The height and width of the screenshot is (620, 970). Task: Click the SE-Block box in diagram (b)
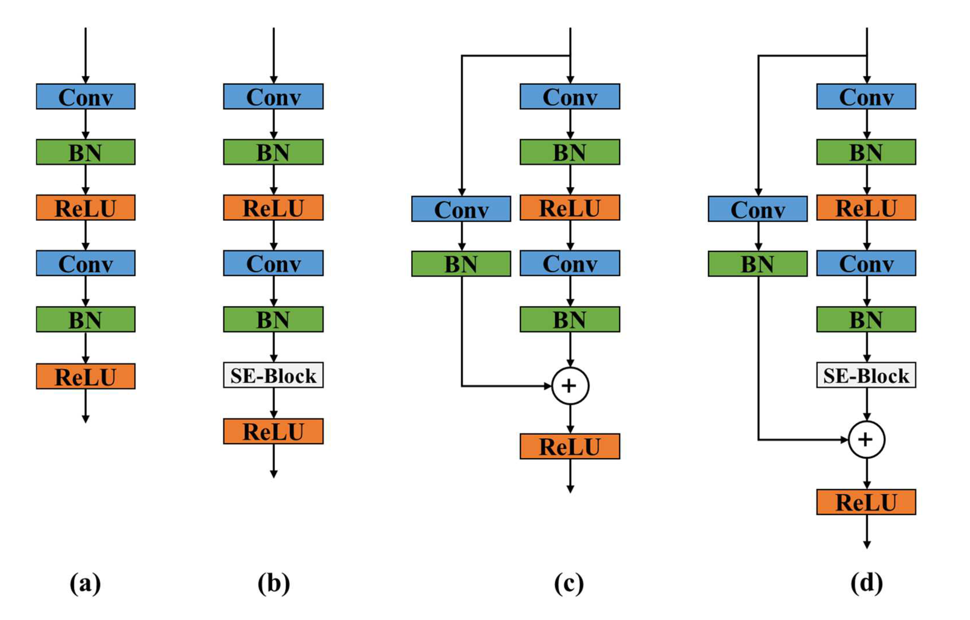click(x=273, y=375)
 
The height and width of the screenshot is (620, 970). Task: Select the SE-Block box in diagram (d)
click(x=866, y=375)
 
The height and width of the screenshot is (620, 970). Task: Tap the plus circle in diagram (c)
click(x=570, y=386)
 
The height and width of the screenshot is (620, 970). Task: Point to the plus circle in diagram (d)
click(x=866, y=440)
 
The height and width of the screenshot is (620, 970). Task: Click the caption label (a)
click(x=85, y=583)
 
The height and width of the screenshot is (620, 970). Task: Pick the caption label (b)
click(x=273, y=583)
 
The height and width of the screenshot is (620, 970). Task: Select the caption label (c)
click(x=569, y=583)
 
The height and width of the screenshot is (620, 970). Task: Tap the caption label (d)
click(x=866, y=583)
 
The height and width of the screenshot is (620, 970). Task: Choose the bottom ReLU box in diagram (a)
click(x=85, y=376)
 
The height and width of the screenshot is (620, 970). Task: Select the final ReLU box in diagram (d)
click(x=866, y=502)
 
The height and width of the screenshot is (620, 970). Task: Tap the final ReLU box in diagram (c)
click(x=570, y=446)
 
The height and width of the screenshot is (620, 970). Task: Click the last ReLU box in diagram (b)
click(x=273, y=431)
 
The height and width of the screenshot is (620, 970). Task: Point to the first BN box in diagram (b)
click(x=273, y=152)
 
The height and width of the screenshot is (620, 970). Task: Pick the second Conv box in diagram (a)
click(x=85, y=263)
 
